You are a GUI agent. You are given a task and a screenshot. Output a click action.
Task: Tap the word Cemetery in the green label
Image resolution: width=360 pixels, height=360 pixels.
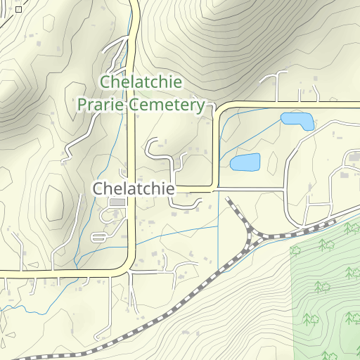point(174,105)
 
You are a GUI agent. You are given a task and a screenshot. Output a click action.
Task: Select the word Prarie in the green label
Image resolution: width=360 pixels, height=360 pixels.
point(103,105)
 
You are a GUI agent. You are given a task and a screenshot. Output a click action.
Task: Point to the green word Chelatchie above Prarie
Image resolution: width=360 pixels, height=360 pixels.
point(141,82)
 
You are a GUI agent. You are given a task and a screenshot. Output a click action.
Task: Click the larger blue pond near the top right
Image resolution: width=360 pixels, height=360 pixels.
point(297,120)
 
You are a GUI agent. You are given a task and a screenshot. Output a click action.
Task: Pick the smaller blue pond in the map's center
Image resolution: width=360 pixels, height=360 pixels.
point(245,162)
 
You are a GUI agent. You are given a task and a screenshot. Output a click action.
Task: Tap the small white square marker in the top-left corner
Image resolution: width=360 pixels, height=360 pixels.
point(18,10)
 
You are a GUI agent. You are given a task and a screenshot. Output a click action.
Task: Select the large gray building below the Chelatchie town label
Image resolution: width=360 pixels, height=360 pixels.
point(117,202)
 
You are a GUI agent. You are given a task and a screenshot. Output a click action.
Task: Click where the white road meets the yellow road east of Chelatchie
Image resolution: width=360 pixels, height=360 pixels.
point(214,190)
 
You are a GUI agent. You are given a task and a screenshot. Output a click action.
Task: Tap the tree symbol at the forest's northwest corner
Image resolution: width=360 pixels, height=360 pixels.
point(296,250)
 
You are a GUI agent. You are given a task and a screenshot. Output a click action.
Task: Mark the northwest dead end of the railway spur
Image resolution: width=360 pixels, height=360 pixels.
point(228,201)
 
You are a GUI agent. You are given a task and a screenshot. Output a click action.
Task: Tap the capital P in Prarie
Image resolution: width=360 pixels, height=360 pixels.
point(82,105)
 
